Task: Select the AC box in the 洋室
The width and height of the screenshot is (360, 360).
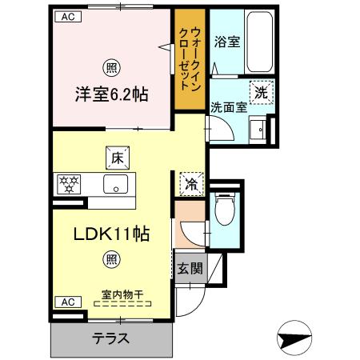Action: click(x=69, y=17)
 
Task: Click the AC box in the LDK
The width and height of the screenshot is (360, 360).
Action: click(x=69, y=302)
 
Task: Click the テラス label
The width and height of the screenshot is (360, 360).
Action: click(x=110, y=338)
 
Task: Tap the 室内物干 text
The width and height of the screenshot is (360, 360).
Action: click(x=122, y=294)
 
